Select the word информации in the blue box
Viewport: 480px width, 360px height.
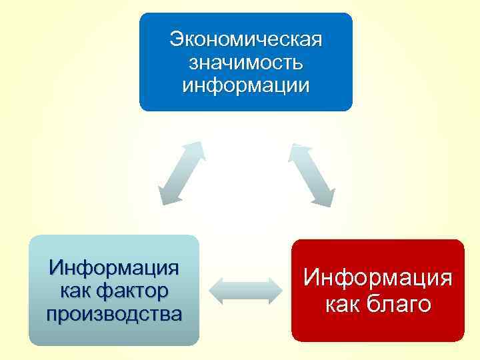tap(245, 85)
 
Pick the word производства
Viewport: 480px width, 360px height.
tap(114, 313)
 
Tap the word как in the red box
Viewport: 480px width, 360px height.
tap(343, 304)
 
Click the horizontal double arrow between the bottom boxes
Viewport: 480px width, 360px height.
tap(245, 291)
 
